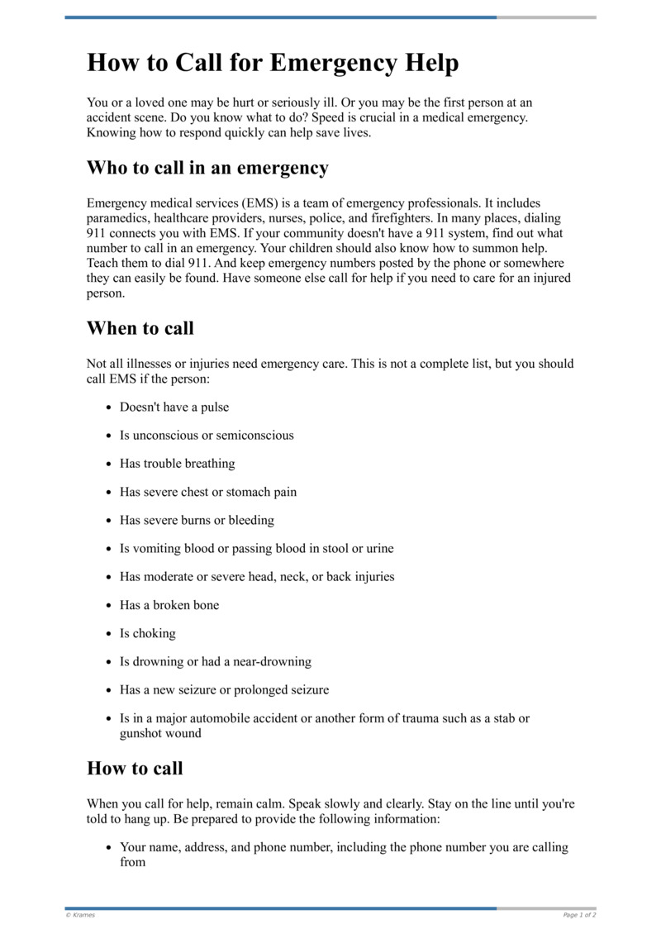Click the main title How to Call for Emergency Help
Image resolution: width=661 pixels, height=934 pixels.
tap(273, 63)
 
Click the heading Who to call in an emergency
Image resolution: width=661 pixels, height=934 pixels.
tap(207, 168)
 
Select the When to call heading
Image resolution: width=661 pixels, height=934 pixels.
tap(140, 328)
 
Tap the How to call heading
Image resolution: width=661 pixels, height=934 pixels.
tap(135, 768)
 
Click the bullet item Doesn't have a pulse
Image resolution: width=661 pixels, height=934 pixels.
tap(174, 407)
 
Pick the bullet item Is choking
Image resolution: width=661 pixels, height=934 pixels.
tap(148, 633)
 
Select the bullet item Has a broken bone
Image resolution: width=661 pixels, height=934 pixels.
tap(169, 605)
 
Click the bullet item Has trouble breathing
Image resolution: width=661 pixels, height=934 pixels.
tap(177, 463)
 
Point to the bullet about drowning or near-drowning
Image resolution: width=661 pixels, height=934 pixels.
tap(215, 661)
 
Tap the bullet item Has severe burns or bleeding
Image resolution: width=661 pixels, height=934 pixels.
tap(197, 520)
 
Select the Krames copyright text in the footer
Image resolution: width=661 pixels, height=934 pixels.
tap(80, 915)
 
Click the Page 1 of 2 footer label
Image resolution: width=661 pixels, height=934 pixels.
tap(579, 915)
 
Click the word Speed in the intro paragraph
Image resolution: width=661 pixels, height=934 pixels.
tap(388, 117)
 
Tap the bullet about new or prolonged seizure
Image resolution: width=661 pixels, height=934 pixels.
tap(224, 689)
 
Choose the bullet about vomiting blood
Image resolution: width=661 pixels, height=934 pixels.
tap(256, 548)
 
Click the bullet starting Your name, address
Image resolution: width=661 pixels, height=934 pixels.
tap(344, 847)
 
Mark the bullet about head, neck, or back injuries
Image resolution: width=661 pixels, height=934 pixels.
tap(257, 576)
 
